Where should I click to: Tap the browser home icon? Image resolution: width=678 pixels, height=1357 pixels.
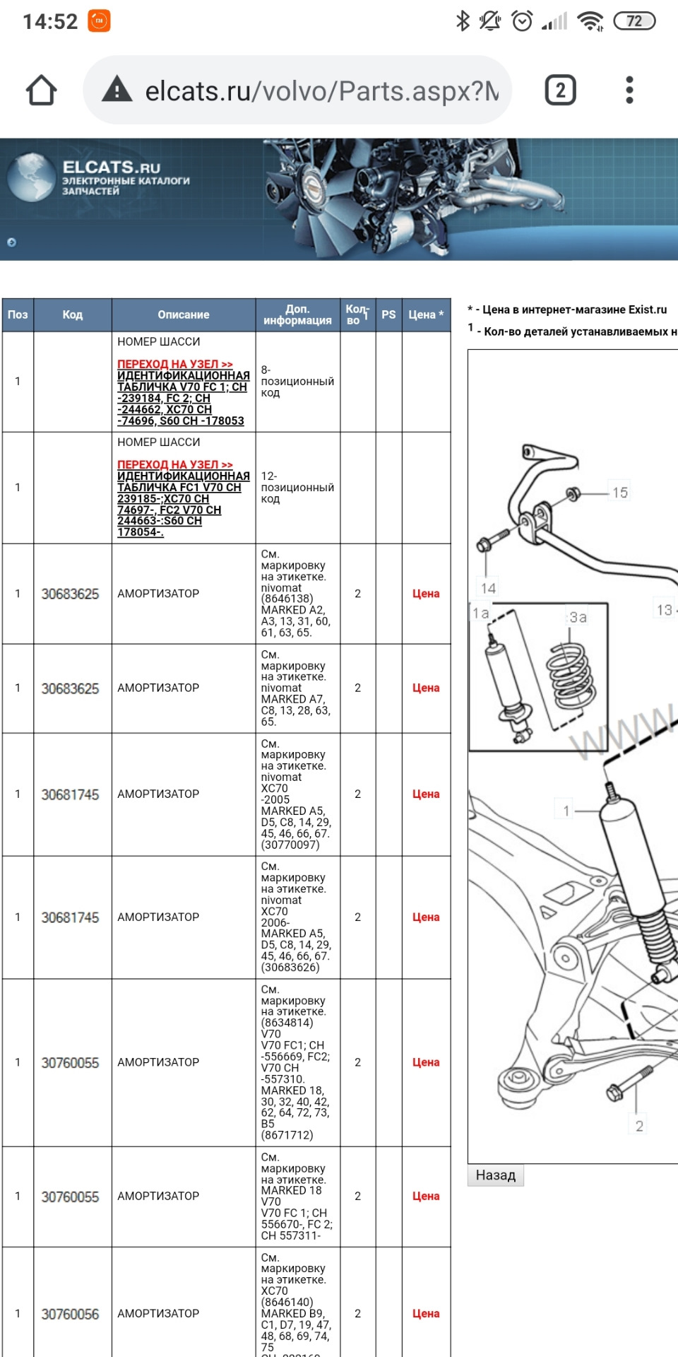click(x=41, y=90)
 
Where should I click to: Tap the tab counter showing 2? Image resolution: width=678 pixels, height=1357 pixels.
click(x=560, y=90)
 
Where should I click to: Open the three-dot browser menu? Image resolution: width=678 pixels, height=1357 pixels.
click(x=629, y=90)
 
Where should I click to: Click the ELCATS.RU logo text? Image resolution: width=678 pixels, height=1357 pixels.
click(x=112, y=168)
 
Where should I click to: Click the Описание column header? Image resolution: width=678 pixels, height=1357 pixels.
click(x=183, y=315)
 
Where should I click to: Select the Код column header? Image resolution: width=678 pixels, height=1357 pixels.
click(x=72, y=315)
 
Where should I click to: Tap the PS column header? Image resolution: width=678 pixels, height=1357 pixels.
click(x=388, y=315)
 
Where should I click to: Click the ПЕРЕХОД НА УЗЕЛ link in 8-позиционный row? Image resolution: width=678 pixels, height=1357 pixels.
click(x=174, y=364)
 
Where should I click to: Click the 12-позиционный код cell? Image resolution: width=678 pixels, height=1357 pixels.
click(x=297, y=488)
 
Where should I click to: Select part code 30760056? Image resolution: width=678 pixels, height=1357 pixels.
click(x=70, y=1314)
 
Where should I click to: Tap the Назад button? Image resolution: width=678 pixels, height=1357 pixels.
click(x=495, y=1175)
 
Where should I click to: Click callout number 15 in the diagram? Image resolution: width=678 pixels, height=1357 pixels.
click(x=619, y=493)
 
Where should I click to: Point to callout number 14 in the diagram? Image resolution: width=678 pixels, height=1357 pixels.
click(x=488, y=588)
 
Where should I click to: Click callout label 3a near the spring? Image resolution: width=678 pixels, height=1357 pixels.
click(x=578, y=618)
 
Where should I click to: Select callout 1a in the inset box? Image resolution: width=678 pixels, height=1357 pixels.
click(x=481, y=613)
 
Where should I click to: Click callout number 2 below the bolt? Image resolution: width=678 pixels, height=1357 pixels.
click(x=639, y=1127)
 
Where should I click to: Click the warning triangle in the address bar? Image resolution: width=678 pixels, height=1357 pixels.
click(x=117, y=90)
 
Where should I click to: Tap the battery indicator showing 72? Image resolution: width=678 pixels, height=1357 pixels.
click(x=634, y=21)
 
